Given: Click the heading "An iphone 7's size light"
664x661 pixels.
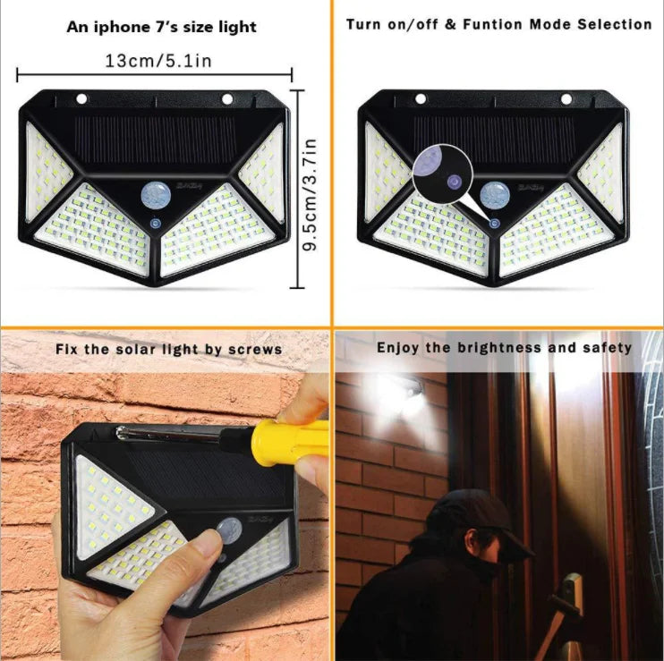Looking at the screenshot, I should tap(162, 27).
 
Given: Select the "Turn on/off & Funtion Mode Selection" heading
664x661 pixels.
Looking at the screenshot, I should tap(498, 24).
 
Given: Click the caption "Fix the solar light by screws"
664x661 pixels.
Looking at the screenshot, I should tap(167, 348).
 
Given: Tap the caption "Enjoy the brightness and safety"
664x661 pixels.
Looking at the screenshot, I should tap(504, 347).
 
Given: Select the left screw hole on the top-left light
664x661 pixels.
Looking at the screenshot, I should tap(81, 98).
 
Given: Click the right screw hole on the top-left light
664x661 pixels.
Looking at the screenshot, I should tap(226, 98).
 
